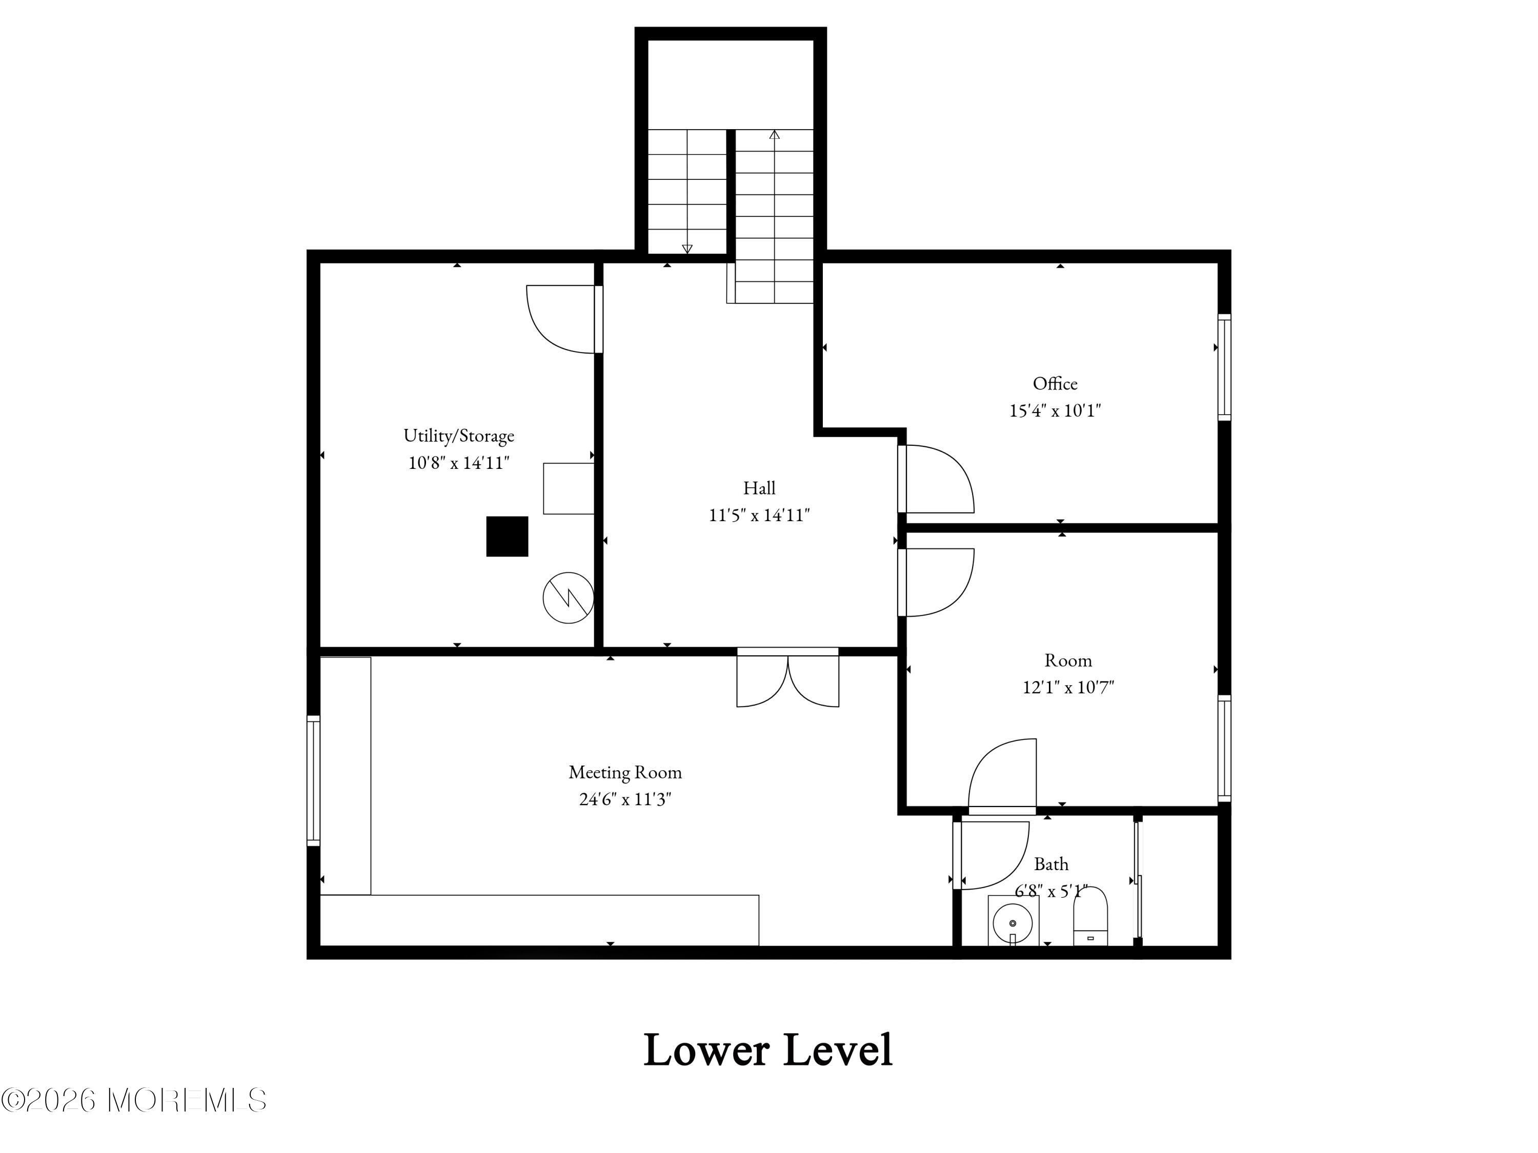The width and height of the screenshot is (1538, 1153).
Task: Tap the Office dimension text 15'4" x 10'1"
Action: coord(1055,411)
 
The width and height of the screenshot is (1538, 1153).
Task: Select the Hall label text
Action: coord(759,488)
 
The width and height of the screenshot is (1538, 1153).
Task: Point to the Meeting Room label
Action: coord(625,772)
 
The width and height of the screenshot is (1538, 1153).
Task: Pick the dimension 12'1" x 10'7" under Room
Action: coord(1068,687)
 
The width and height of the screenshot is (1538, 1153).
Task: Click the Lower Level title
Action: coord(768,1050)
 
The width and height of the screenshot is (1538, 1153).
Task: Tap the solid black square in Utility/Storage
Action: coord(507,537)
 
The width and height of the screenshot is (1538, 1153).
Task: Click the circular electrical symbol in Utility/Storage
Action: coord(568,598)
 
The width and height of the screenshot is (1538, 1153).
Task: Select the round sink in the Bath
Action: coord(1013,923)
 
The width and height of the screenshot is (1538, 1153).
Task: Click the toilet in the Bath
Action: coord(1090,916)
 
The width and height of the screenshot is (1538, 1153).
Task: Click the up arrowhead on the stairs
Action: coord(775,134)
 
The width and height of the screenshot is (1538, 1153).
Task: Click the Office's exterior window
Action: coord(1224,367)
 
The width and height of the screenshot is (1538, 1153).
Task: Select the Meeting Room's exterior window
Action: coord(314,781)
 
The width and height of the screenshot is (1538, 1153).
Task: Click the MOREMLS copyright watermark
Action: coord(133,1100)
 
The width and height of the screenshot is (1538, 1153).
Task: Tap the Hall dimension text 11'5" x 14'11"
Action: coord(759,515)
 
